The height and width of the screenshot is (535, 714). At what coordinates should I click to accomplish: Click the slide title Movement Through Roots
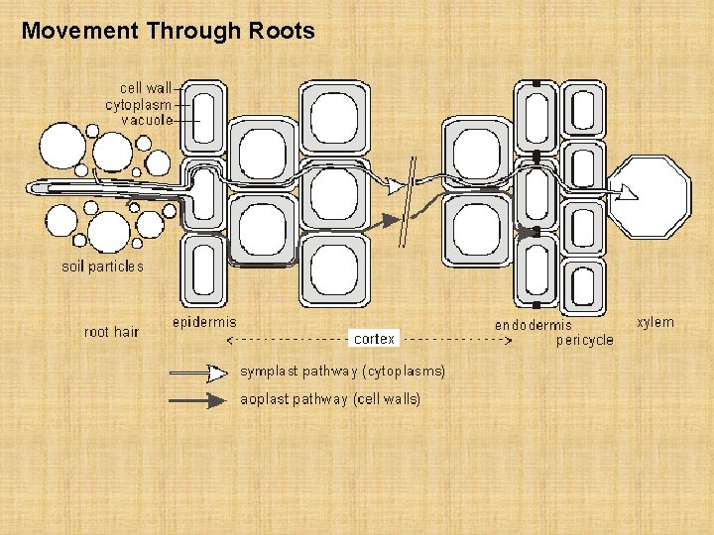point(168,31)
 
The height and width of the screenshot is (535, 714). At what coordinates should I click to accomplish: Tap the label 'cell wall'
point(146,88)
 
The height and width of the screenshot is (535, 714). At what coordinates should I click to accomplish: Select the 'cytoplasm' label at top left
point(139,104)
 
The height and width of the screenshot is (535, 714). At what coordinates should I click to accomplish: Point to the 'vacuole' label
point(147,120)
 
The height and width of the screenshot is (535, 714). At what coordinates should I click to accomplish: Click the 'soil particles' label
point(102,267)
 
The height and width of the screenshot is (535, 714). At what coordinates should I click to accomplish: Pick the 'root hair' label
point(111,332)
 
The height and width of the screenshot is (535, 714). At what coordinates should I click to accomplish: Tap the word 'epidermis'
point(204,322)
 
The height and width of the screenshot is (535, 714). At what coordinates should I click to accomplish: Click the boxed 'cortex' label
point(374,339)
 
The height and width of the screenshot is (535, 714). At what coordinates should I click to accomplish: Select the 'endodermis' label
point(534,325)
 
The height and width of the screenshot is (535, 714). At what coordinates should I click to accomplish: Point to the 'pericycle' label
point(584,340)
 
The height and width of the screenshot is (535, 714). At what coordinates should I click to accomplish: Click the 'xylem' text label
point(654,322)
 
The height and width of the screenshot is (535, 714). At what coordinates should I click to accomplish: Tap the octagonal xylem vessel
point(649,197)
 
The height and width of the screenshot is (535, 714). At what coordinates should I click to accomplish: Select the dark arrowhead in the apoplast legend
point(216,400)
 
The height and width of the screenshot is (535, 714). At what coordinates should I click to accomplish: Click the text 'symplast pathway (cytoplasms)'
point(342,372)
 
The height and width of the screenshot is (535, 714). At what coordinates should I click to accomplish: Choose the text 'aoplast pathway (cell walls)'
point(330,399)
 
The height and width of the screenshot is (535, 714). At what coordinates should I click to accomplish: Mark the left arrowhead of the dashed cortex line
point(231,340)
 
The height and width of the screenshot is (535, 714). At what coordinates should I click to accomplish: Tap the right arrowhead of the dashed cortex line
point(509,340)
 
